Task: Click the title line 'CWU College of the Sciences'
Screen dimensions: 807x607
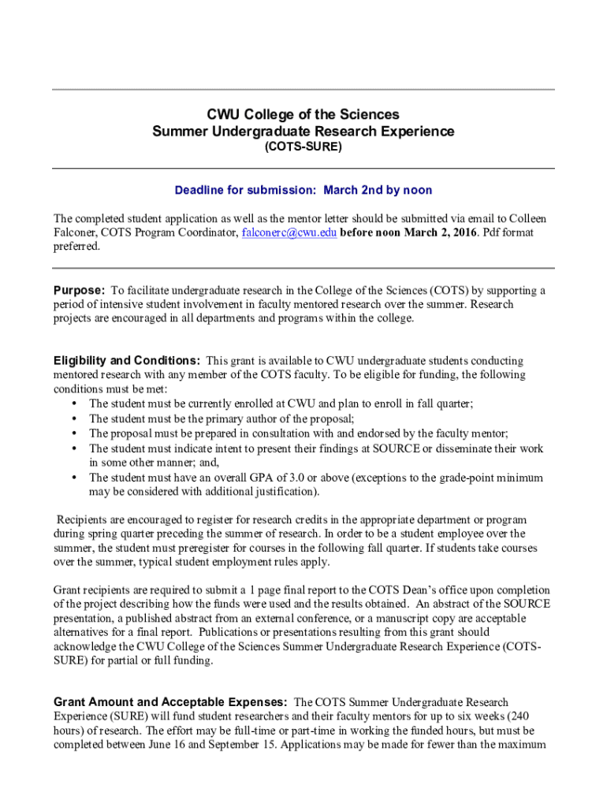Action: [x=303, y=114]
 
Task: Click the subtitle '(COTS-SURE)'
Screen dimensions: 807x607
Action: [x=303, y=147]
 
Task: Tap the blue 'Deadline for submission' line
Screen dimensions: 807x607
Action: [x=303, y=191]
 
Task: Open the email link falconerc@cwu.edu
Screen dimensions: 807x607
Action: [x=289, y=232]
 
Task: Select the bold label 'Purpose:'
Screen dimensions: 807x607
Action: [x=80, y=290]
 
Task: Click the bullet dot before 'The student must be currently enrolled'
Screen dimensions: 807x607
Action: [x=74, y=403]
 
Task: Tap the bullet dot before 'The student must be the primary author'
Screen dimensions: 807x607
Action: [x=74, y=418]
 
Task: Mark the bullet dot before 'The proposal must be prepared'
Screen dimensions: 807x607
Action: [x=74, y=433]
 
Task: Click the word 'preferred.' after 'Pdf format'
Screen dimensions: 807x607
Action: [x=77, y=247]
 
